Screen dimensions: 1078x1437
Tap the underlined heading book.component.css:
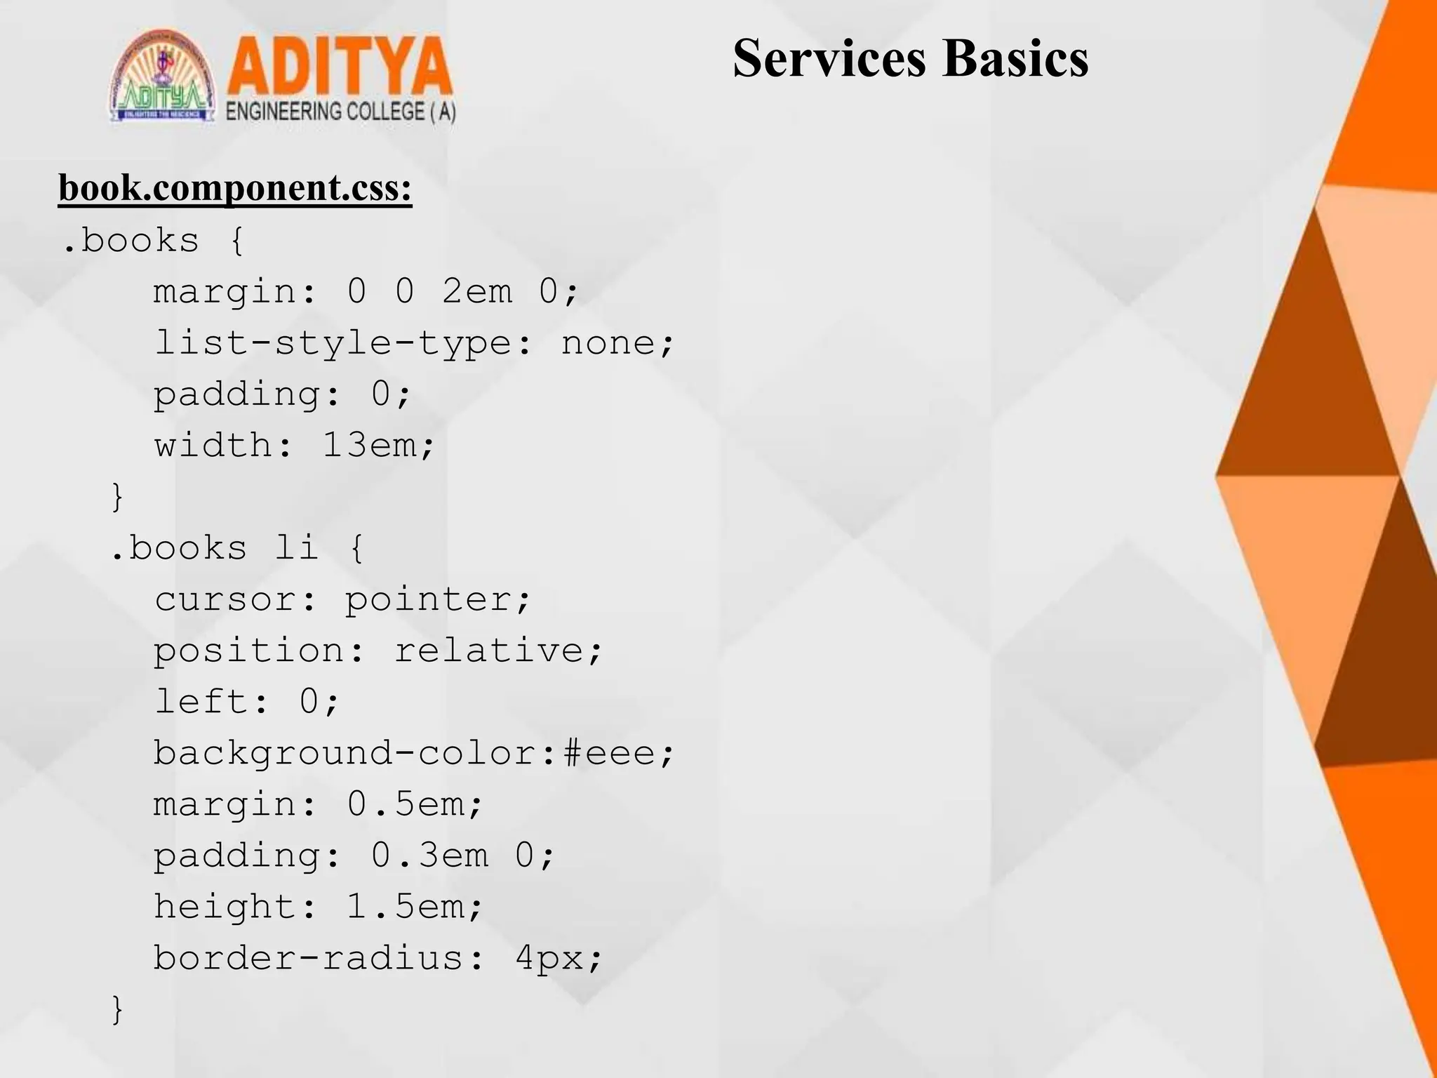(235, 188)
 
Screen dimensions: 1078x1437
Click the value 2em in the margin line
(477, 291)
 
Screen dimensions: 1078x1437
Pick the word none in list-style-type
(608, 343)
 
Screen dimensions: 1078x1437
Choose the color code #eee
(609, 753)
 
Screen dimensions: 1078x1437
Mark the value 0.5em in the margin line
(406, 804)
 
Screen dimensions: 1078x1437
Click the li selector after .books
(297, 547)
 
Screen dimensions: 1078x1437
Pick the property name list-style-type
(333, 343)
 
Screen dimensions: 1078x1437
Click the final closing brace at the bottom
(118, 1009)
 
